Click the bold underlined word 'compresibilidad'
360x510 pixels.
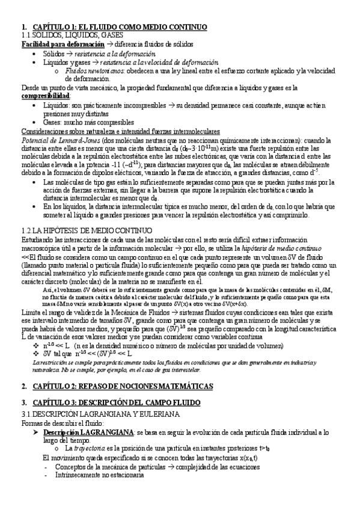[46, 96]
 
